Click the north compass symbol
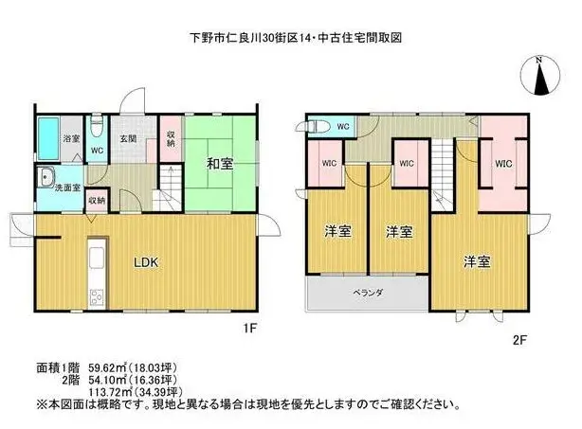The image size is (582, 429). pos(540,75)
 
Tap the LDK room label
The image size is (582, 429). pos(146,262)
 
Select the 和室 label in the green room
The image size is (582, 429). pos(220,164)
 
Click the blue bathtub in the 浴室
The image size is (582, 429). pos(48,139)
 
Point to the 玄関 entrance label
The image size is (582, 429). pos(128,138)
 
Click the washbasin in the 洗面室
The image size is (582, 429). pos(46,177)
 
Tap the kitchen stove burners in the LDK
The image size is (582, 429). pos(98,297)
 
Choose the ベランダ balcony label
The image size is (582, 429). pos(368,293)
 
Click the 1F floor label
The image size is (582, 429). pos(250,329)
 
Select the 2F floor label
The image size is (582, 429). pos(519,340)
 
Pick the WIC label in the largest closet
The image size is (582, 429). pos(503,164)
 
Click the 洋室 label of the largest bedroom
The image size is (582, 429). pos(477,261)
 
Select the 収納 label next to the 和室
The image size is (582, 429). pos(171,138)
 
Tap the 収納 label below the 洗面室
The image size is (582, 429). pos(97,201)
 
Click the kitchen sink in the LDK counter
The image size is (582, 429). pos(98,257)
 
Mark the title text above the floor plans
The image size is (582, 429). pos(296,38)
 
